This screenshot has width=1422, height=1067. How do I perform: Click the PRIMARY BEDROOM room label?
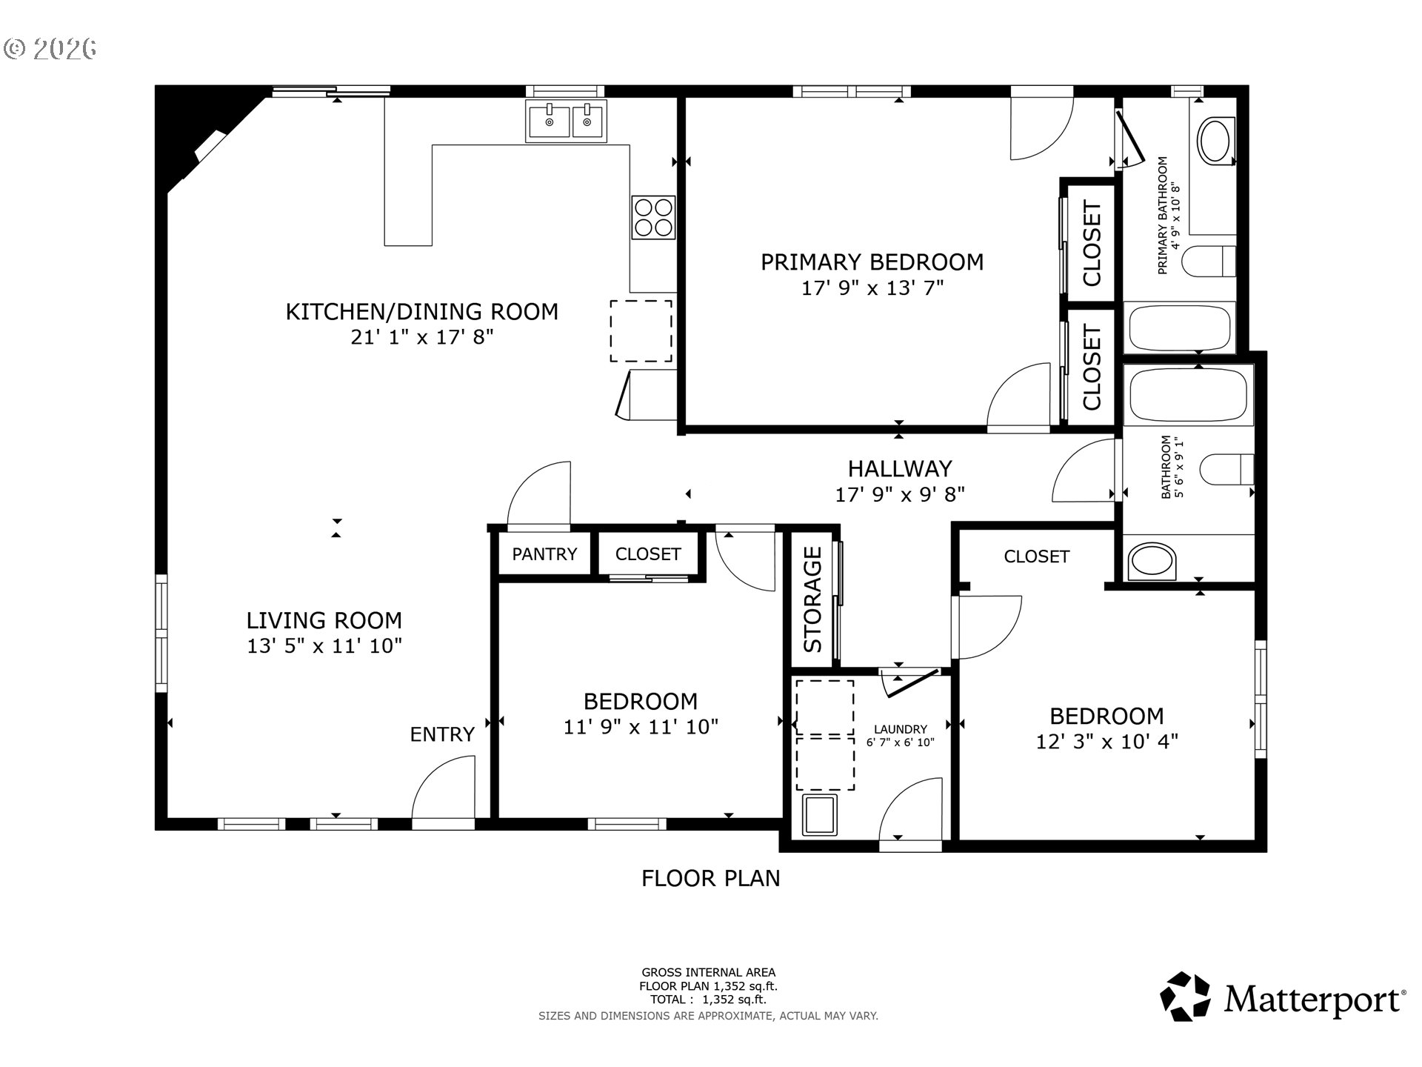point(872,262)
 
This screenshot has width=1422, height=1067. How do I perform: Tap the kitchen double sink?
point(567,121)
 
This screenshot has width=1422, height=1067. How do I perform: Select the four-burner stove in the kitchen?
point(653,217)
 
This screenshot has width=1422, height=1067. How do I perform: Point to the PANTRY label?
point(544,554)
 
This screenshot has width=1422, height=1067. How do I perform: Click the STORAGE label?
point(813,599)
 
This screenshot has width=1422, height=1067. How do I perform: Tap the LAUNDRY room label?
point(900,729)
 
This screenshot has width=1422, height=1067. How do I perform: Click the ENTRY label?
point(442,734)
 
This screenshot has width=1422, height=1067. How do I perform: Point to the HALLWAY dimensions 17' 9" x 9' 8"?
point(900,494)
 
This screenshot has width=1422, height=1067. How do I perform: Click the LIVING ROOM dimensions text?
point(324,646)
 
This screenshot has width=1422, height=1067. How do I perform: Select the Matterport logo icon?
point(1185,997)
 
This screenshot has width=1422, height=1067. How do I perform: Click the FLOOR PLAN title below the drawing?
point(711,879)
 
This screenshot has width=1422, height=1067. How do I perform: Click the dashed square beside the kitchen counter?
point(641,331)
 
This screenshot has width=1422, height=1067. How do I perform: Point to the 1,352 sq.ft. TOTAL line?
point(708,1000)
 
